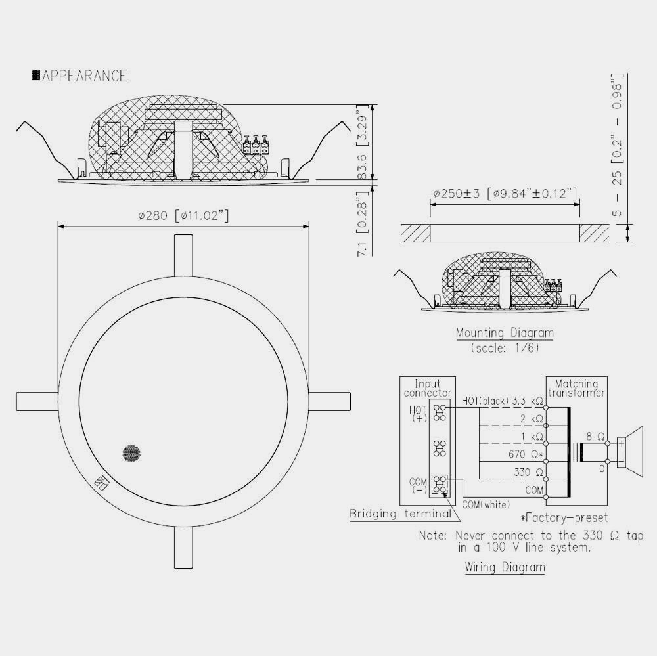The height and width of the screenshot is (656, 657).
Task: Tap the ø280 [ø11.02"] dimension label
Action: coord(183,216)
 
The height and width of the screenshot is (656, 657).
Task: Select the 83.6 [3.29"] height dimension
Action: coord(363,142)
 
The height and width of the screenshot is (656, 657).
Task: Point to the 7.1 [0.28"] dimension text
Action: coord(363,223)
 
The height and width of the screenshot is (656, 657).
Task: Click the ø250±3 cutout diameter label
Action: coord(505,194)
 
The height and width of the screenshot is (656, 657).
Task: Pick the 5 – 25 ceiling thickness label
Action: coord(617,145)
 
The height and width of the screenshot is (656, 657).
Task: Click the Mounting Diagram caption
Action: coord(505,333)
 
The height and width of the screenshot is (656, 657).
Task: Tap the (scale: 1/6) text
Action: coord(505,347)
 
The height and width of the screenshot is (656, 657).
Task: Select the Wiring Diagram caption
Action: coord(505,567)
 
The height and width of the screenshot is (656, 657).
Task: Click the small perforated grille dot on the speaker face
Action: coord(131,453)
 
